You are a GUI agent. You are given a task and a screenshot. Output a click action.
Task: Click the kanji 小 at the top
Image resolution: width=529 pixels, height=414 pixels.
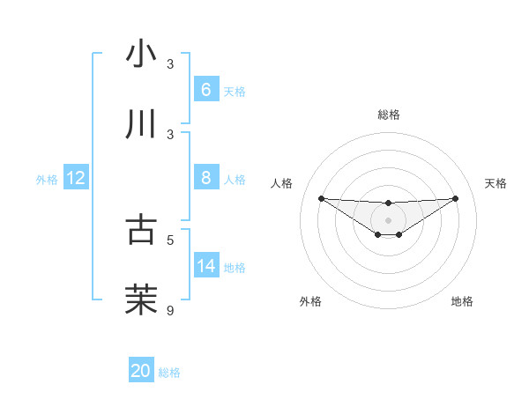pyautogui.click(x=142, y=54)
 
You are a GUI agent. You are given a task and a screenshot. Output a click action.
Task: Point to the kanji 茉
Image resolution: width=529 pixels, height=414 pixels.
pyautogui.click(x=142, y=299)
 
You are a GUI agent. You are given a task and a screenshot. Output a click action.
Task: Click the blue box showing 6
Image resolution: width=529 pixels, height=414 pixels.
pyautogui.click(x=205, y=89)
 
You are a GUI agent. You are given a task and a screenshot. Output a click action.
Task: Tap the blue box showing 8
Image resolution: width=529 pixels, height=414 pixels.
pyautogui.click(x=205, y=178)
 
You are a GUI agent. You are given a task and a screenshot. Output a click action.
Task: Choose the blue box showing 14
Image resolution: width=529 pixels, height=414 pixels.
pyautogui.click(x=205, y=265)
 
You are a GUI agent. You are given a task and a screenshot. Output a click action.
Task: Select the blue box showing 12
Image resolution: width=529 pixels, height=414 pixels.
pyautogui.click(x=76, y=178)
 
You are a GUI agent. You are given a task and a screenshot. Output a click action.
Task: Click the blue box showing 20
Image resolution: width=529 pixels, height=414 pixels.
pyautogui.click(x=141, y=371)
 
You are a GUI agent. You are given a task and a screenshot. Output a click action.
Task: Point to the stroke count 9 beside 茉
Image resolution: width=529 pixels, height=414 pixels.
pyautogui.click(x=171, y=309)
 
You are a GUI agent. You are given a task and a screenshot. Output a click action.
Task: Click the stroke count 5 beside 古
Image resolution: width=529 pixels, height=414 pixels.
pyautogui.click(x=171, y=239)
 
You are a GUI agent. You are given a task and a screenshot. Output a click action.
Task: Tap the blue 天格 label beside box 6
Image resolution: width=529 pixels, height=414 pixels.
pyautogui.click(x=235, y=91)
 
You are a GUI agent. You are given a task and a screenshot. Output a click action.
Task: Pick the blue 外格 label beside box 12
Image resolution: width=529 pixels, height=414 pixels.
pyautogui.click(x=47, y=179)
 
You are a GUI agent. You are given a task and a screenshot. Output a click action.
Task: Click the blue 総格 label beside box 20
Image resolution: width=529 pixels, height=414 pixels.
pyautogui.click(x=169, y=373)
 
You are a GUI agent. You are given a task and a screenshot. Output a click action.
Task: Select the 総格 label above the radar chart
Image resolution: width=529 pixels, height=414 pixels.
pyautogui.click(x=388, y=115)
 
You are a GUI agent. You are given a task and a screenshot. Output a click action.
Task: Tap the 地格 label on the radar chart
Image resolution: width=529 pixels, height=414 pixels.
pyautogui.click(x=462, y=301)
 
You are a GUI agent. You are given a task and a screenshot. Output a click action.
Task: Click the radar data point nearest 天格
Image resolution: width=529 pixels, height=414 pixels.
pyautogui.click(x=456, y=198)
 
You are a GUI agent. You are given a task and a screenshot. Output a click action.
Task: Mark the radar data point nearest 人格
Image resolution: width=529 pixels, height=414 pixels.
pyautogui.click(x=321, y=198)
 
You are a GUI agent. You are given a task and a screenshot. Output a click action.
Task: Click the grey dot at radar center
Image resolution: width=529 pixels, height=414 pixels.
pyautogui.click(x=388, y=219)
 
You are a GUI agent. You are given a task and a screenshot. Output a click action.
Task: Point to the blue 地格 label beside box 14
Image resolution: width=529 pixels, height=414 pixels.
pyautogui.click(x=235, y=267)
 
